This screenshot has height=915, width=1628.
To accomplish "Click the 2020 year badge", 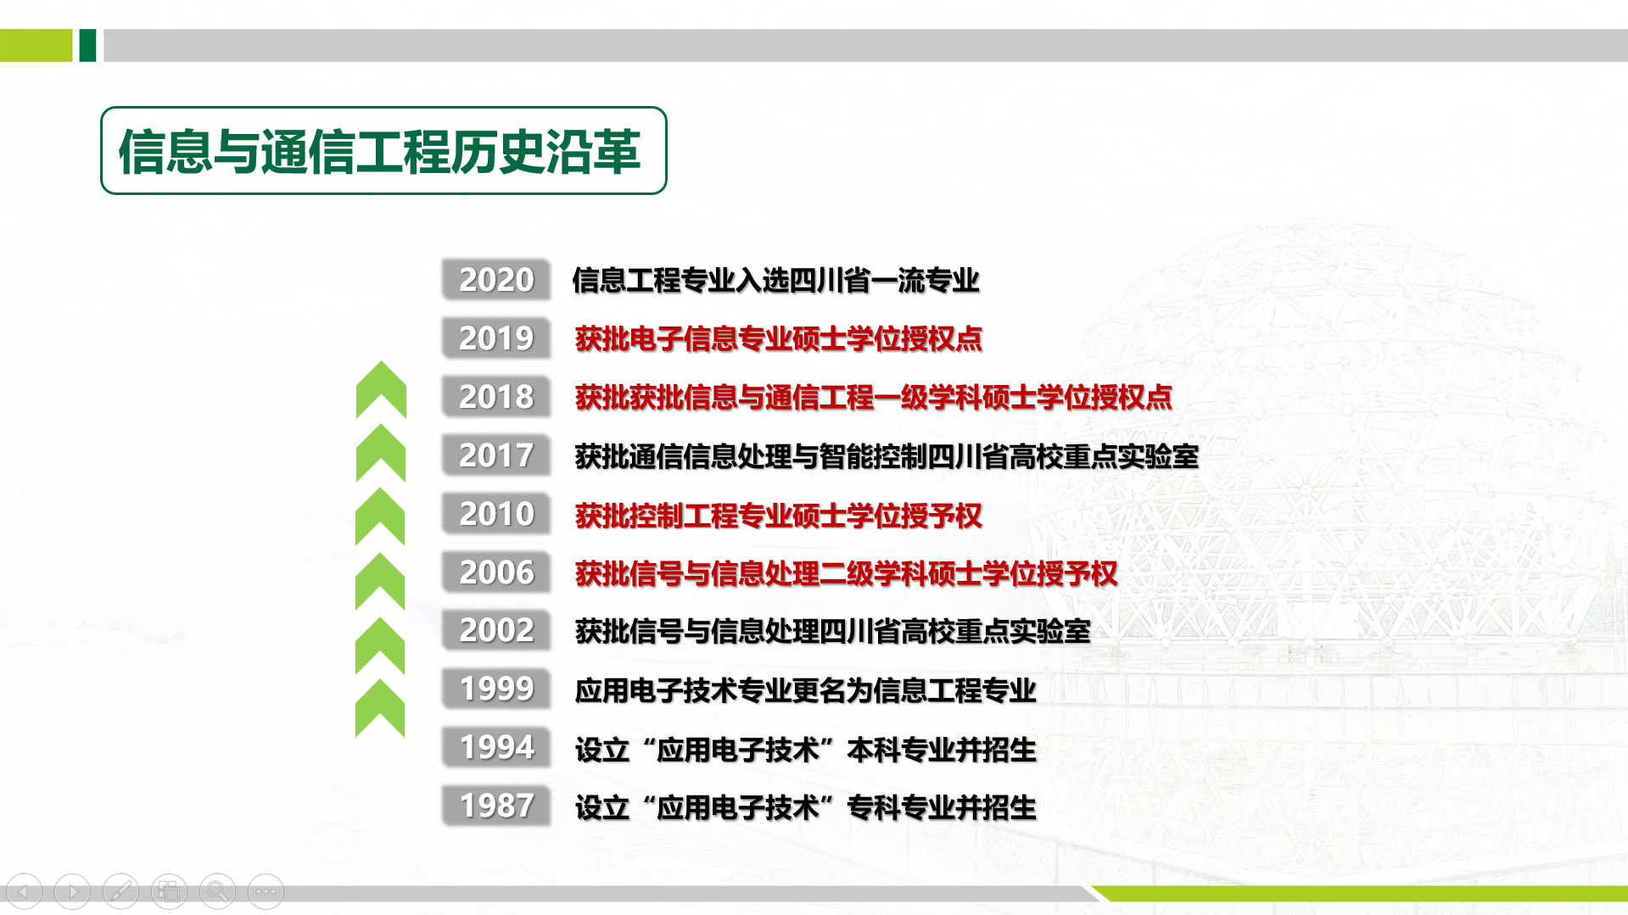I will click(x=496, y=280).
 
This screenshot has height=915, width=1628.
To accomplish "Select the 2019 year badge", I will click(x=496, y=338).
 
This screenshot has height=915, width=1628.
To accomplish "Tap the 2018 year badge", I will click(x=496, y=397).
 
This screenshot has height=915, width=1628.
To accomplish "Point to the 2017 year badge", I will click(x=496, y=455).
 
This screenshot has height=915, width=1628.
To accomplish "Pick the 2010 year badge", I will click(x=496, y=514).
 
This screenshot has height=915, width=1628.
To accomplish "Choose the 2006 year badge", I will click(x=496, y=572).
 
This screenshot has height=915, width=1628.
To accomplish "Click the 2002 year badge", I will click(x=496, y=630).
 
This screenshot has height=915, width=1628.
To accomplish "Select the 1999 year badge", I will click(x=496, y=689).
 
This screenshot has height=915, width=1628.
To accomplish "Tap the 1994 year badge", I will click(x=496, y=747).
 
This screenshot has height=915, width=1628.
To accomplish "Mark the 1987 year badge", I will click(x=496, y=806).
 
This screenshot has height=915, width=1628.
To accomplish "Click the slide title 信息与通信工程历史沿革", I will click(x=380, y=152).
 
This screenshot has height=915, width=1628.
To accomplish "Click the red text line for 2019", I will click(x=778, y=339).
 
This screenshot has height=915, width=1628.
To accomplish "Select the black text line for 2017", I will click(x=887, y=456).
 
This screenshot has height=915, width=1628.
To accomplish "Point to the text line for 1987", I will click(x=805, y=807).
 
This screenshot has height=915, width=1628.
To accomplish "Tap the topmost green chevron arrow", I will click(x=381, y=390).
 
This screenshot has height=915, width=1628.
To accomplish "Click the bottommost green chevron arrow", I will click(x=380, y=709).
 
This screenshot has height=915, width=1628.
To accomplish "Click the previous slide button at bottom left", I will click(x=24, y=891).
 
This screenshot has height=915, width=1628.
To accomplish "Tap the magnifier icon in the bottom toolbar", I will click(x=217, y=891).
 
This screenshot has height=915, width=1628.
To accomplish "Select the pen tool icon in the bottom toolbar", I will click(x=120, y=891).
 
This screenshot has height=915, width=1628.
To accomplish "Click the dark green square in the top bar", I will click(x=87, y=45).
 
